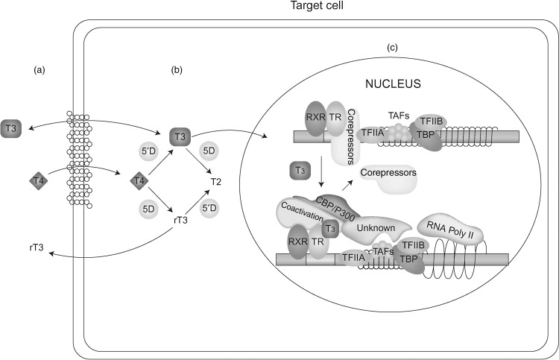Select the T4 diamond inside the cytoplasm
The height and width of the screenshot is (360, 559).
click(136, 180)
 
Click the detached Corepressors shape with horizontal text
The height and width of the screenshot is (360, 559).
click(388, 174)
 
